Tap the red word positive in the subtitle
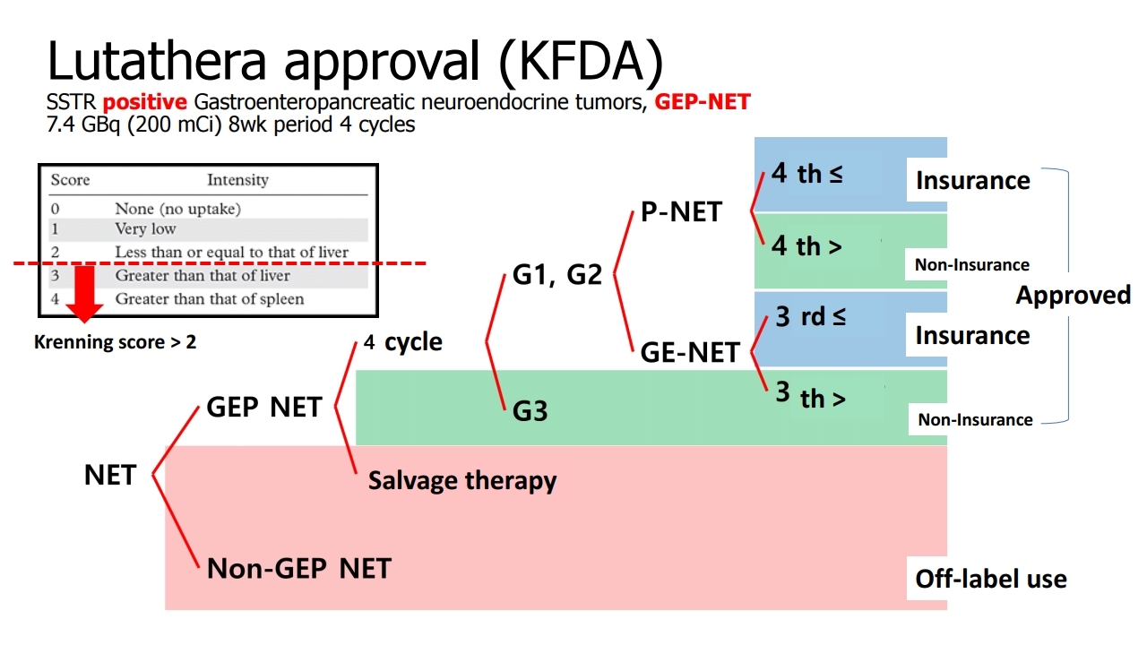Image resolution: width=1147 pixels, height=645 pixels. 145,102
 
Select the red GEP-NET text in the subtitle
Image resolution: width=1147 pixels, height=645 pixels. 703,101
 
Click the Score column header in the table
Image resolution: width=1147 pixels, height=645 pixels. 70,180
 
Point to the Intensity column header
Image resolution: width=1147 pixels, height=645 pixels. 237,180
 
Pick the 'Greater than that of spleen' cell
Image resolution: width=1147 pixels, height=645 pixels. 210,298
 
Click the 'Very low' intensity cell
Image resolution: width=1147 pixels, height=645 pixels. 145,228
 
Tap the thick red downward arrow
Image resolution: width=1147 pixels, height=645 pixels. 84,293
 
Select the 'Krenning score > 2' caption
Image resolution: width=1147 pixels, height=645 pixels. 116,342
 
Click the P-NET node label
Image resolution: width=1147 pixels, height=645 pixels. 682,211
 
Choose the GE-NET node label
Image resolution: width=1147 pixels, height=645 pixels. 690,352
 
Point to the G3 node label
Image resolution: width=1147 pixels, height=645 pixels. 530,410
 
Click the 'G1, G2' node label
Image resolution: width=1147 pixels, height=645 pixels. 557,275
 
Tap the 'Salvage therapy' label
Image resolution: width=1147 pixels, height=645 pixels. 462,481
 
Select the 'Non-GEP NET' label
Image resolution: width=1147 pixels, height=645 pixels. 299,568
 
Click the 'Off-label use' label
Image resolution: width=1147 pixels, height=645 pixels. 991,579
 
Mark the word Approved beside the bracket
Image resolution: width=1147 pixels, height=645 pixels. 1074,295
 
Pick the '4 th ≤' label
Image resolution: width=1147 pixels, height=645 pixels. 807,173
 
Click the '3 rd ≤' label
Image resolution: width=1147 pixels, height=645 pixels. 811,316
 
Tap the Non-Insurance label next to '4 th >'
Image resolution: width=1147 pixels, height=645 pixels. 972,264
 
